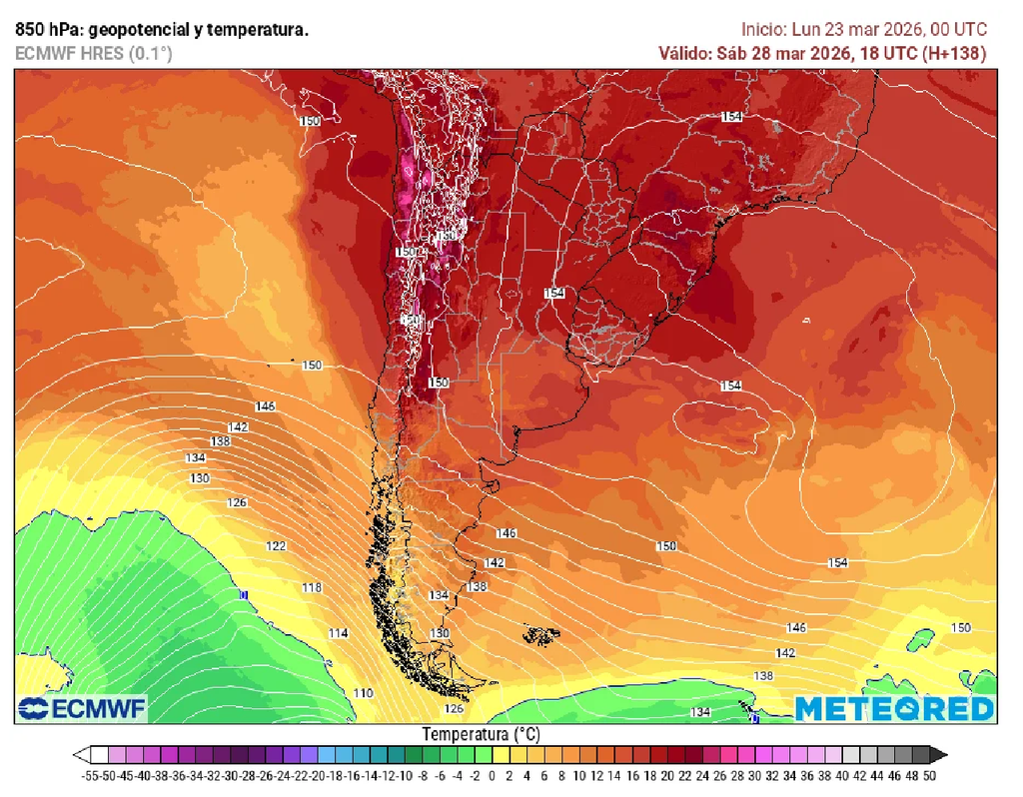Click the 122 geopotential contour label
coord(277,546)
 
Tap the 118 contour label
coord(312,588)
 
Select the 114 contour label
coord(339,634)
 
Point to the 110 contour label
coord(363,693)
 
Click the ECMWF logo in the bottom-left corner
coord(82,709)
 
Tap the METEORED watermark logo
coord(894,709)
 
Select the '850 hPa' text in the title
coord(42,30)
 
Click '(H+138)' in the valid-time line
coord(953,53)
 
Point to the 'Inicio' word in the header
coord(763,30)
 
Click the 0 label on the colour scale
coord(492,775)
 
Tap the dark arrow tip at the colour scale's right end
coord(941,756)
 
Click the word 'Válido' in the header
coord(684,53)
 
